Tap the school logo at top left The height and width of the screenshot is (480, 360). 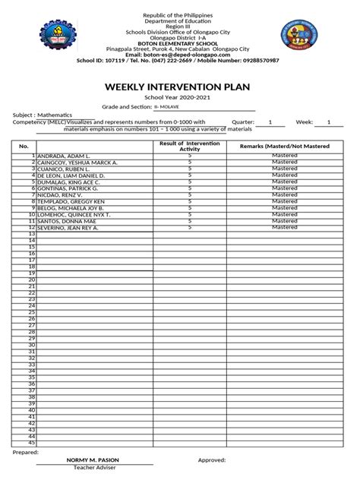coord(62,38)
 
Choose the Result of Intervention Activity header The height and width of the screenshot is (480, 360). coord(189,146)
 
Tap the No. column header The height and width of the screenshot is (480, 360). coord(24,146)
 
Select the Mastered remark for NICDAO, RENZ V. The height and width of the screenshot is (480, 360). coord(285,194)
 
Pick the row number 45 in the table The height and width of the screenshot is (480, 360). coord(32,443)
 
